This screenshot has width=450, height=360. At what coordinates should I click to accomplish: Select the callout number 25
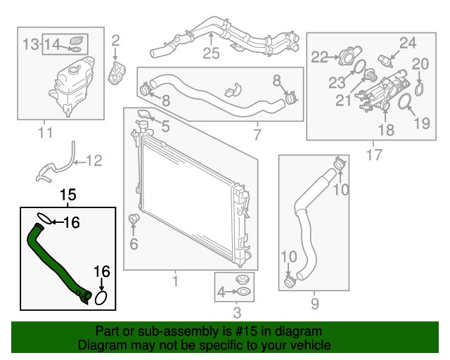211,53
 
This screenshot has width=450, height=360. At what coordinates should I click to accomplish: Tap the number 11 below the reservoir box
45,131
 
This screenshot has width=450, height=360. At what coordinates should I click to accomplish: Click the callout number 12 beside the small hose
94,160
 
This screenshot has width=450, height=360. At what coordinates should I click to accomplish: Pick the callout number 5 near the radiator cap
167,127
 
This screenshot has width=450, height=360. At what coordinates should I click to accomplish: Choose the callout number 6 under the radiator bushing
134,245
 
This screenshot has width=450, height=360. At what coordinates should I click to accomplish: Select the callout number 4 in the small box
221,292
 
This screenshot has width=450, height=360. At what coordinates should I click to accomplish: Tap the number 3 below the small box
237,312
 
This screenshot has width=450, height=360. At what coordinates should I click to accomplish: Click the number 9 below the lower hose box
314,304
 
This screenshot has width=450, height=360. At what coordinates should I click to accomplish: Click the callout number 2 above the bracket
116,40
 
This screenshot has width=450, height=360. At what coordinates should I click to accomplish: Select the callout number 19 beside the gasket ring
420,124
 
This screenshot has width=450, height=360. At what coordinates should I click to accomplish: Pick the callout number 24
409,43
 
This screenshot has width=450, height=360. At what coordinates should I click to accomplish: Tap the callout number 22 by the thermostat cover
320,57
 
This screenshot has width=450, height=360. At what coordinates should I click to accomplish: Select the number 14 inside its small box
53,44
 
